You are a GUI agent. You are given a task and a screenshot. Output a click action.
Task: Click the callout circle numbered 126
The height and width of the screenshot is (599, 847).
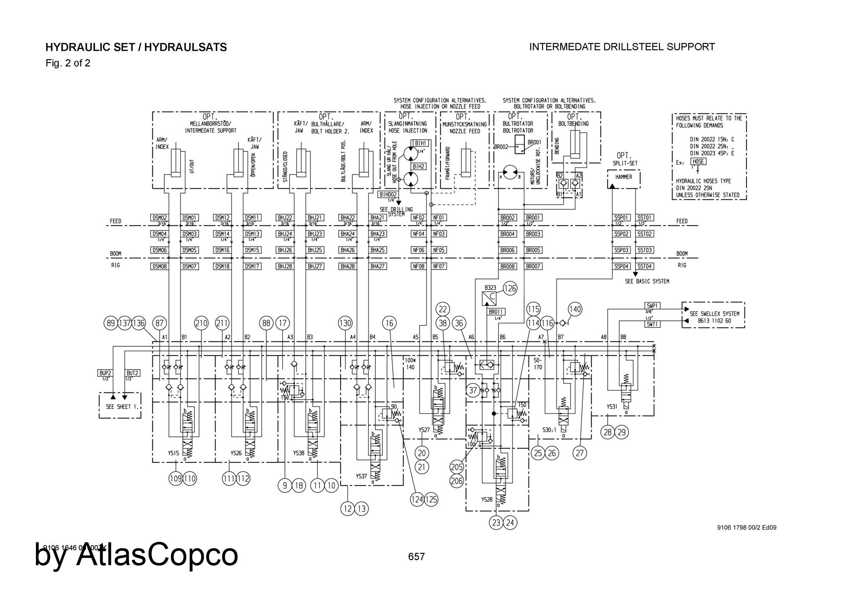511,289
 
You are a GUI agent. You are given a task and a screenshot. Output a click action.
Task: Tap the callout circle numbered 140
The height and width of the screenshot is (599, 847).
575,309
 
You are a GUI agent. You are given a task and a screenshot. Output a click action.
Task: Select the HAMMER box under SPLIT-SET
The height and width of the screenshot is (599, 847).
623,177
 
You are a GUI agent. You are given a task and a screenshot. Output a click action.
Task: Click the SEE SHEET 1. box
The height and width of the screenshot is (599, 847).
120,406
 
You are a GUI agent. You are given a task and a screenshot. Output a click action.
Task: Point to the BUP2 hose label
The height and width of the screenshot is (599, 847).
105,373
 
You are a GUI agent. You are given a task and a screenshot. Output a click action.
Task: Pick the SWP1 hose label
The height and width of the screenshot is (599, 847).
652,305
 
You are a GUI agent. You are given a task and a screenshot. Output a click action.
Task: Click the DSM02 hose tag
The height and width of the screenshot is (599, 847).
159,218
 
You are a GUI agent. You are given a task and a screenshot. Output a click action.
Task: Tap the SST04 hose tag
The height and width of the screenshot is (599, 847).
645,266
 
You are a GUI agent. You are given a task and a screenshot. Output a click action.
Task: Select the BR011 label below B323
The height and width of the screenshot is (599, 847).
496,312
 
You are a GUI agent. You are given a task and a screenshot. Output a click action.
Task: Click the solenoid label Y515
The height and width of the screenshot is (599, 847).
173,453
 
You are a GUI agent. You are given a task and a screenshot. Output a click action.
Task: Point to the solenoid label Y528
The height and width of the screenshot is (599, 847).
487,500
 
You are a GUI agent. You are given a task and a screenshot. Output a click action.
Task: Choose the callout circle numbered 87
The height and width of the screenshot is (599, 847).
159,323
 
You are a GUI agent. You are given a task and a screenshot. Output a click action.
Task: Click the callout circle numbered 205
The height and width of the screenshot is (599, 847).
457,467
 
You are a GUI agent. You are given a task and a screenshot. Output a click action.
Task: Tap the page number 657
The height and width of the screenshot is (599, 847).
416,557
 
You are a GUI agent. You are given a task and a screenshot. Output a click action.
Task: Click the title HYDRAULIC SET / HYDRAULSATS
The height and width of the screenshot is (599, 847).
136,47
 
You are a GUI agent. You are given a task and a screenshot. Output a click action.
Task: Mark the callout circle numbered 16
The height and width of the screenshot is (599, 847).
389,323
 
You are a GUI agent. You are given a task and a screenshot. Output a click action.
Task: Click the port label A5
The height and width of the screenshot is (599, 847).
415,337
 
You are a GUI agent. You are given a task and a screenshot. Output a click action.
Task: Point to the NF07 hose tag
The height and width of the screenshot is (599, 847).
439,266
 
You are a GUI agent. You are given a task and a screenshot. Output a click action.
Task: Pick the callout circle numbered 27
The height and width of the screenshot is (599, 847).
580,453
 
